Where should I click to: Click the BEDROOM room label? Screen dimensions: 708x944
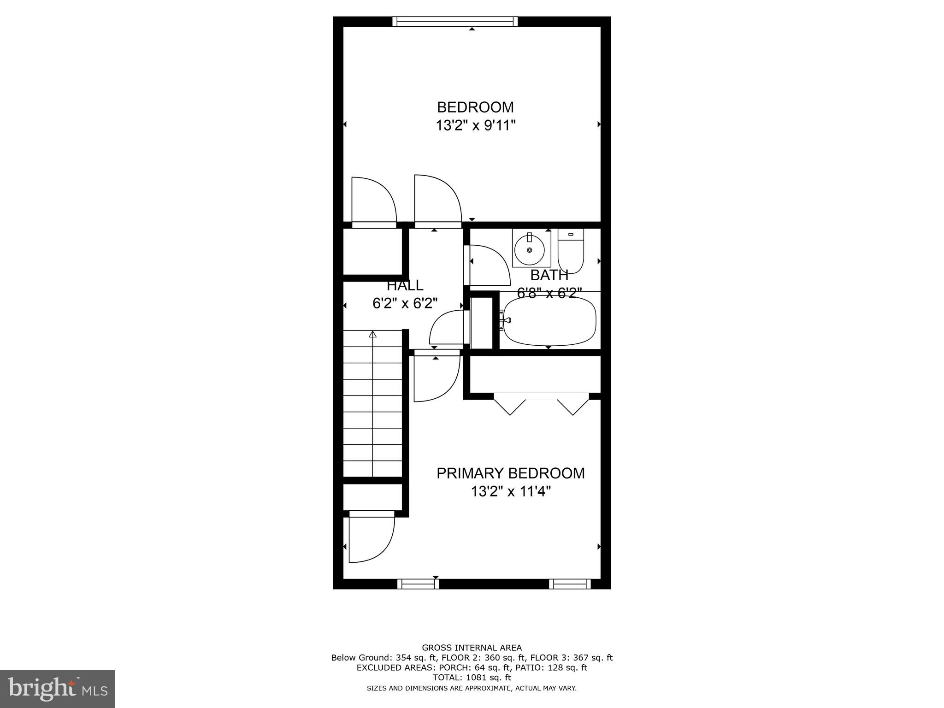[475, 107]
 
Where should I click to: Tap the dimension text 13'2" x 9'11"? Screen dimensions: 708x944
[475, 125]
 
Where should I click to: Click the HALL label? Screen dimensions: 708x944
[405, 286]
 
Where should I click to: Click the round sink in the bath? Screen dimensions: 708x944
[529, 249]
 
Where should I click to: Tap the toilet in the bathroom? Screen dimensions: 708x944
[571, 251]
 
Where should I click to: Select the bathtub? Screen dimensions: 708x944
[550, 321]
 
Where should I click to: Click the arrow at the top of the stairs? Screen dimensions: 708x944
[372, 335]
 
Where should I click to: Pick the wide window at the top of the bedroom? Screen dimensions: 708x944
[455, 22]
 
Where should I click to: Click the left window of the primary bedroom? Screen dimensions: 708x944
[418, 584]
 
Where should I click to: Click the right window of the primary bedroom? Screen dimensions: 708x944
[569, 584]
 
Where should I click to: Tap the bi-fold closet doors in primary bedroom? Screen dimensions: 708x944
[541, 403]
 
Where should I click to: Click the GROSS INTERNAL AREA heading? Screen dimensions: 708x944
[472, 648]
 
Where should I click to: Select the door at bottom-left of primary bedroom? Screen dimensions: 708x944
[371, 538]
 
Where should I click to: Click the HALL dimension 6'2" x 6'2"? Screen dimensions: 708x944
[405, 303]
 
